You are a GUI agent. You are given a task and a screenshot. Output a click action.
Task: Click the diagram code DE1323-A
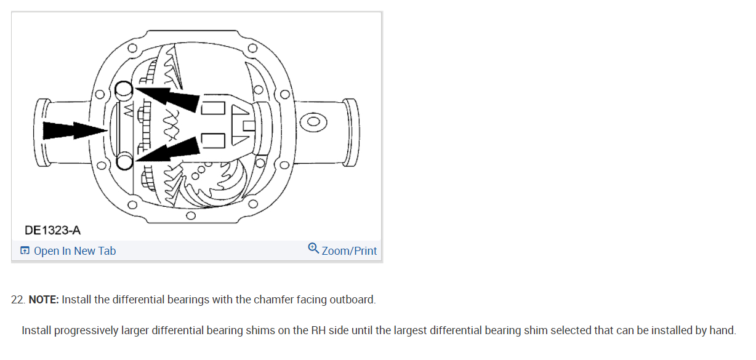pos(53,230)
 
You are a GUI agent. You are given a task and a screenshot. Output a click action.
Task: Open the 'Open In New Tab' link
pos(74,251)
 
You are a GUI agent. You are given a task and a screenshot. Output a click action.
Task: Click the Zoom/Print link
pos(349,251)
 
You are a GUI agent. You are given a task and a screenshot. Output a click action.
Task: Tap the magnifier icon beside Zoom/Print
pos(313,249)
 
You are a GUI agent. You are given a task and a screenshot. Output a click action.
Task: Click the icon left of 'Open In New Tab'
pos(25,250)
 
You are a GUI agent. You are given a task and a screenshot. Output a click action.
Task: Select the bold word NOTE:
pos(44,300)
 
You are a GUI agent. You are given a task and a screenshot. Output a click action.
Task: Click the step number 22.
pos(18,300)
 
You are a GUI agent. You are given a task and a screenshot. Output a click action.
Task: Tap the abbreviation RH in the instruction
pos(318,330)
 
